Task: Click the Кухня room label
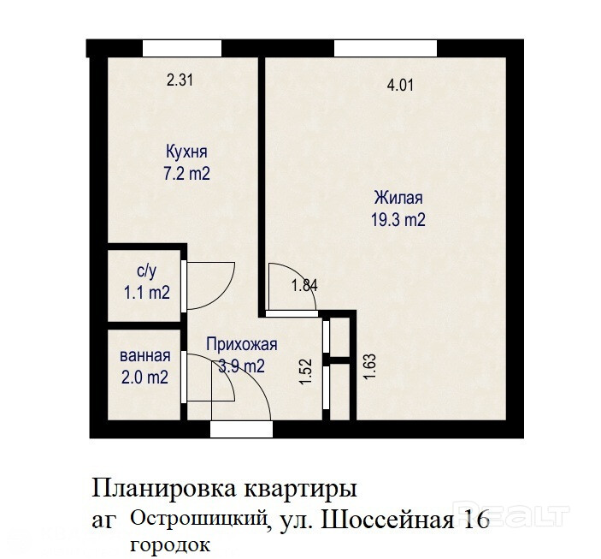pos(186,152)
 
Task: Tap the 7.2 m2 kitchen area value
pos(186,174)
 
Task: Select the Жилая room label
pos(398,198)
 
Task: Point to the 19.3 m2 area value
pos(398,220)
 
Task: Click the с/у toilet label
pos(146,271)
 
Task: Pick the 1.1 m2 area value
pos(146,293)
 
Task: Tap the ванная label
pos(145,355)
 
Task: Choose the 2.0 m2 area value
pos(144,378)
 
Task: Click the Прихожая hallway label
pos(241,344)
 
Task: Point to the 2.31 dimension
pos(180,80)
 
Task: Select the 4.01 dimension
pos(401,85)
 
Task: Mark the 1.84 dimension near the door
pos(304,286)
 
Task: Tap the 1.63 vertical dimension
pos(370,366)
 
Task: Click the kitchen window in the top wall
pos(182,49)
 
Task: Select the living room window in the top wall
pos(386,49)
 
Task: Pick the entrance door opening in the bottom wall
pos(241,429)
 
